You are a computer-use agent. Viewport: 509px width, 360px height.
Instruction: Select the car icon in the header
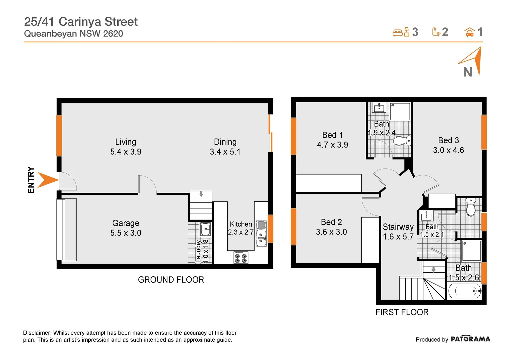coord(469,32)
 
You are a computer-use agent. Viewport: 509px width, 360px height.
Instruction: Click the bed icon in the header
coord(398,33)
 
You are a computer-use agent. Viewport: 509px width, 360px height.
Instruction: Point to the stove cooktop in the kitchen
coord(241,258)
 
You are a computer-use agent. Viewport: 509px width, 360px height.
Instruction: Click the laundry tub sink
coord(205,229)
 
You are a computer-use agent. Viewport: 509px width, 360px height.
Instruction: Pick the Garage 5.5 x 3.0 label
coord(126,228)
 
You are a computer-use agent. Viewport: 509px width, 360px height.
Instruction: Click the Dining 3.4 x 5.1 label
coord(225,147)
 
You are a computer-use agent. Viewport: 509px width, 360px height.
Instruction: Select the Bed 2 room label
coord(331,227)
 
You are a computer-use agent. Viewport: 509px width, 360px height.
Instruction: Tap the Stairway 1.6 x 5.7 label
coord(398,232)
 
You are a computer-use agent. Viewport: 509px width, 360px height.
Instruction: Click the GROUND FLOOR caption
coord(171,280)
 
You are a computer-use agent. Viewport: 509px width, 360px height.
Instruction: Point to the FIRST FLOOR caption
coord(402,312)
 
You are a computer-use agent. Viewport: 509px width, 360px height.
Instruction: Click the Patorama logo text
coord(470,339)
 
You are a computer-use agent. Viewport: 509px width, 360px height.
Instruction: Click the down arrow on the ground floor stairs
coord(201,194)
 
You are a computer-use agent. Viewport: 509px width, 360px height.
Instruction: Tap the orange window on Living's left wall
coord(59,135)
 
